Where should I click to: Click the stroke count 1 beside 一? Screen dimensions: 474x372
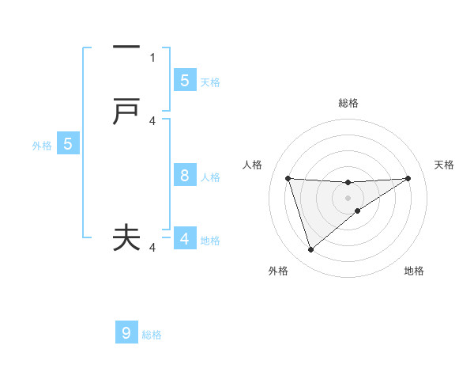click(x=152, y=57)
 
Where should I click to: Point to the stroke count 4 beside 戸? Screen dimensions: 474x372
click(x=152, y=120)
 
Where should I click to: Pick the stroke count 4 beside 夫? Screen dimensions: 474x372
click(x=152, y=247)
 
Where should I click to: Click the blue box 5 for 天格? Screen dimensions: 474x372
click(x=184, y=80)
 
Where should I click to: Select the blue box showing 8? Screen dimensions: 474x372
click(x=184, y=176)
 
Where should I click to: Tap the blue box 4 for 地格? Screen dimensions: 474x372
click(x=184, y=238)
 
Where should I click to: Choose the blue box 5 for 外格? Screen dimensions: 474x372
click(x=68, y=144)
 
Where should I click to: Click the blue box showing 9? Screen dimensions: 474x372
click(x=126, y=333)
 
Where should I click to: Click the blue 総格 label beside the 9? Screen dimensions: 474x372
click(x=152, y=335)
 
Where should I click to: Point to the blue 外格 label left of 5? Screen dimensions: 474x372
click(x=41, y=146)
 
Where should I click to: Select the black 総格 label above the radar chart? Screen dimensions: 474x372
click(x=348, y=103)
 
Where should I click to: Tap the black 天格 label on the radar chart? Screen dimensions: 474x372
click(x=445, y=165)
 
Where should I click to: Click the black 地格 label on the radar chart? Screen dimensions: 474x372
click(x=414, y=271)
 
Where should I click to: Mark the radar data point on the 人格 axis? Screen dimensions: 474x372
click(x=288, y=178)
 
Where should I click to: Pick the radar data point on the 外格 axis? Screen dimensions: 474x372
click(x=310, y=250)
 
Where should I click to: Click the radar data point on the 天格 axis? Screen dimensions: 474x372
click(x=408, y=178)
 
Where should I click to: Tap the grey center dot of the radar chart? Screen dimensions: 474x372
click(x=348, y=197)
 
